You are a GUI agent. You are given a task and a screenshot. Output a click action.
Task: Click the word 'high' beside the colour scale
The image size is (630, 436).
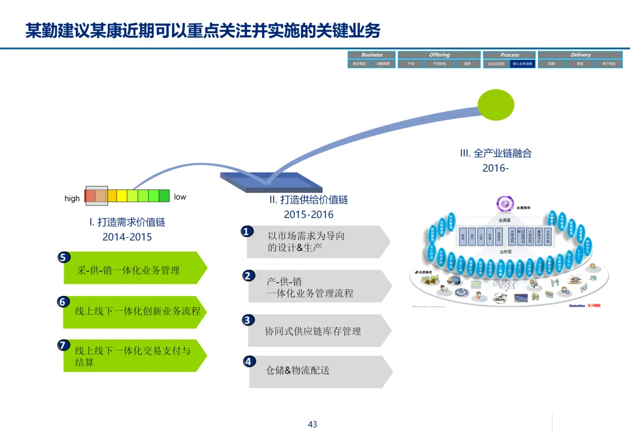pyautogui.click(x=72, y=198)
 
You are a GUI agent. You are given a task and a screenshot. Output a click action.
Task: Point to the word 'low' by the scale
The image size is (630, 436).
pyautogui.click(x=180, y=197)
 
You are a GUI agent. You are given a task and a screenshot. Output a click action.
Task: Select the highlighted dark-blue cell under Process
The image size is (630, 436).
pyautogui.click(x=522, y=64)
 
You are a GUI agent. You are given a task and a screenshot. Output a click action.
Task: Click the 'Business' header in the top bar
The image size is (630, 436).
pyautogui.click(x=372, y=55)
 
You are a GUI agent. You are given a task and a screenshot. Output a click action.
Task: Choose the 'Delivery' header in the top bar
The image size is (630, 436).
pyautogui.click(x=580, y=55)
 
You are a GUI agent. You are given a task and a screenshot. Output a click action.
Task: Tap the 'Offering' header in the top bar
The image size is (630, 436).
pyautogui.click(x=439, y=55)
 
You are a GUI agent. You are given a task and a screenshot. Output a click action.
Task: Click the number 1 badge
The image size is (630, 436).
pyautogui.click(x=247, y=231)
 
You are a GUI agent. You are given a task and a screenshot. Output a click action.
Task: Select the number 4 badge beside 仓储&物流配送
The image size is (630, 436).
pyautogui.click(x=249, y=361)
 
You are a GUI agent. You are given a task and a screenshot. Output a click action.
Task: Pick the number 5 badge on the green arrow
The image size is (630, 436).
pyautogui.click(x=63, y=257)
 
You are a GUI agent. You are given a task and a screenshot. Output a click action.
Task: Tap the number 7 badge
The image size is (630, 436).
pyautogui.click(x=63, y=345)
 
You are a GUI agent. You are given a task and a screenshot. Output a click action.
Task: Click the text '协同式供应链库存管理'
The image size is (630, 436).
pyautogui.click(x=313, y=331)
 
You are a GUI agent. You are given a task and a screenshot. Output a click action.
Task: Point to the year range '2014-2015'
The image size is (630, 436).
pyautogui.click(x=127, y=237)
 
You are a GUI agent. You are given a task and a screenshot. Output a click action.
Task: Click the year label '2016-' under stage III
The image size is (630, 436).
pyautogui.click(x=495, y=168)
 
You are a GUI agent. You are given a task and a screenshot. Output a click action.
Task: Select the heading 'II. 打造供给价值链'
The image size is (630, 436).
pyautogui.click(x=309, y=199)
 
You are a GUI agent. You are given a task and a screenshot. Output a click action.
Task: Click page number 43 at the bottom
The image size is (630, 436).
pyautogui.click(x=313, y=424)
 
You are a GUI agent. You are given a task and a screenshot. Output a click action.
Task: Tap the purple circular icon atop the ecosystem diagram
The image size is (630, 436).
pyautogui.click(x=504, y=203)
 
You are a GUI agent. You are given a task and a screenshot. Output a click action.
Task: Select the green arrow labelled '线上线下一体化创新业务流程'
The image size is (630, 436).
pyautogui.click(x=135, y=311)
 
